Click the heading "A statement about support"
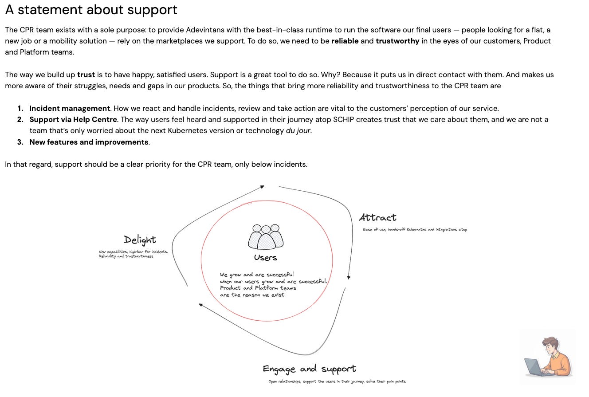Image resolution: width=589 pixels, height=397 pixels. (91, 10)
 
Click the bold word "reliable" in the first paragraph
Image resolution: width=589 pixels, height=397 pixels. (345, 41)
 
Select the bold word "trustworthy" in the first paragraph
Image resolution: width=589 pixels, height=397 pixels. (397, 41)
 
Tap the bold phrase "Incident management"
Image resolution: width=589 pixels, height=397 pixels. (70, 109)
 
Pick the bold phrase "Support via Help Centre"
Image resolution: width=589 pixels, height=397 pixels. (73, 120)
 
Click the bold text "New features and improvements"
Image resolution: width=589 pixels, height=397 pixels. (89, 142)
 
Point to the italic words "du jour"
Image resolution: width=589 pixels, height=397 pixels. (298, 131)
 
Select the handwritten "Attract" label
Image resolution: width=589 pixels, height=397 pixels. (377, 217)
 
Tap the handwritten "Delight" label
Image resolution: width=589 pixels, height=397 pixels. (140, 240)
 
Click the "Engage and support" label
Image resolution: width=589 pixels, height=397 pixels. (309, 369)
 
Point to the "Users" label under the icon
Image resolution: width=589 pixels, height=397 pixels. (266, 258)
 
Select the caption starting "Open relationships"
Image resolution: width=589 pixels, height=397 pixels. (337, 381)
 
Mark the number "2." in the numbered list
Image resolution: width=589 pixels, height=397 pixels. (20, 120)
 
